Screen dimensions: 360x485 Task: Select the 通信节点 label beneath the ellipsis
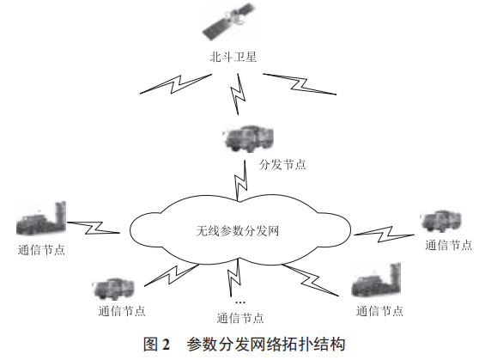pos(240,318)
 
